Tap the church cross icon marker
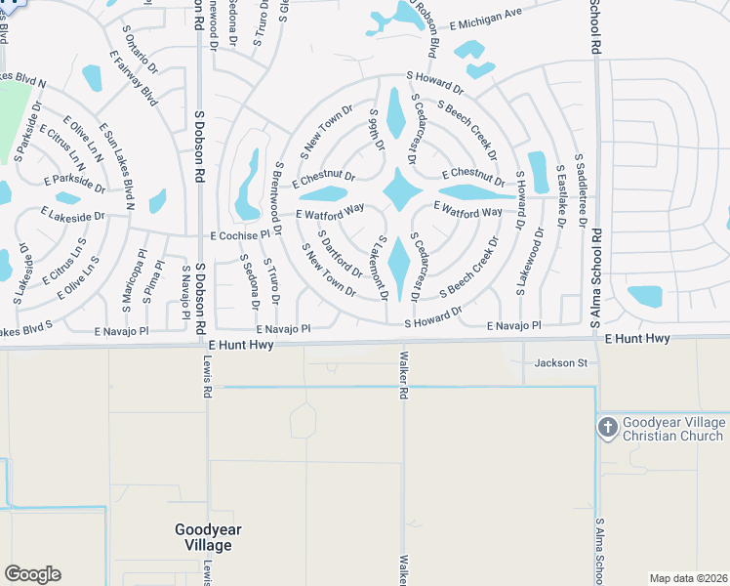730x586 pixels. pyautogui.click(x=606, y=427)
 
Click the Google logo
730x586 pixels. pyautogui.click(x=32, y=574)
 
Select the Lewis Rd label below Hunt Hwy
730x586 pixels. pyautogui.click(x=207, y=376)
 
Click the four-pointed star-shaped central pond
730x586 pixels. pyautogui.click(x=400, y=188)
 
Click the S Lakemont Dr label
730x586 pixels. pyautogui.click(x=384, y=268)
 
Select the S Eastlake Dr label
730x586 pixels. pyautogui.click(x=562, y=196)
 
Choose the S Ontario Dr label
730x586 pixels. pyautogui.click(x=142, y=55)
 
